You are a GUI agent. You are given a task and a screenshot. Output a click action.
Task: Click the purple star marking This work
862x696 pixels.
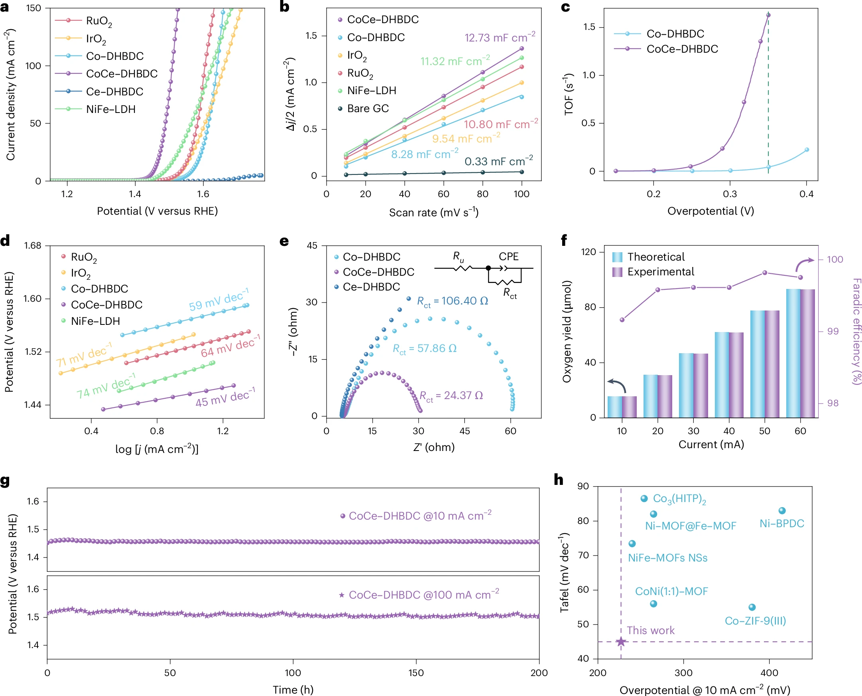coord(621,642)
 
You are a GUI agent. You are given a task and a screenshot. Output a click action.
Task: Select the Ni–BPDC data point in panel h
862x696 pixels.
coord(782,511)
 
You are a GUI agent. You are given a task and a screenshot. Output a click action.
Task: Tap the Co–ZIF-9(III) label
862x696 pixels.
coord(755,621)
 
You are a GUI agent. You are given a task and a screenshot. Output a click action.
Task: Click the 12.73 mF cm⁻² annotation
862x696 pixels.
coord(500,38)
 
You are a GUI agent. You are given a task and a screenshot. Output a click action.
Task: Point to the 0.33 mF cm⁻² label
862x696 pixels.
coord(498,161)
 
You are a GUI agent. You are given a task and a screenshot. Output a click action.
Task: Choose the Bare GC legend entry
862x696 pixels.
coord(368,109)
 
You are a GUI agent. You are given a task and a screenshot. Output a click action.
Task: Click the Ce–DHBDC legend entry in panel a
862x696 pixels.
coord(114,92)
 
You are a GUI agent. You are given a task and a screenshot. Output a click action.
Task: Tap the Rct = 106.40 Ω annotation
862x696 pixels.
coord(452,301)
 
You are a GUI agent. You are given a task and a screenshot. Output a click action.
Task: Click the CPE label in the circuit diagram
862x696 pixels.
coord(508,257)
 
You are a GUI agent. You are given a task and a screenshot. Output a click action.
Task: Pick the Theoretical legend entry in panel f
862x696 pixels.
coord(656,257)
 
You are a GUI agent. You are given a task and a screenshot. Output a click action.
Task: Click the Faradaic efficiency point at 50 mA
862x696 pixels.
coord(765,273)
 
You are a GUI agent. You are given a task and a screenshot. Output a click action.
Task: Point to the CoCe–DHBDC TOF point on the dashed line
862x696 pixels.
coord(768,15)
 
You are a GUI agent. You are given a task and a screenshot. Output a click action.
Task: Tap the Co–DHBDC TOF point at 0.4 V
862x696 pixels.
coord(807,150)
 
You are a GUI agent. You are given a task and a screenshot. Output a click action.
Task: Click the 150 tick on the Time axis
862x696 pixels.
coord(416,673)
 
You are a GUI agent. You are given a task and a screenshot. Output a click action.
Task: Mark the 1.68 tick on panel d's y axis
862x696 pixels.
coord(32,246)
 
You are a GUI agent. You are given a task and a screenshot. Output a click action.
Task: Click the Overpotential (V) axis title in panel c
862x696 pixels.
coord(710,211)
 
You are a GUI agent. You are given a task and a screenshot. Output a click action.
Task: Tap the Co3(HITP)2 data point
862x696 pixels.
coord(644,498)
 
